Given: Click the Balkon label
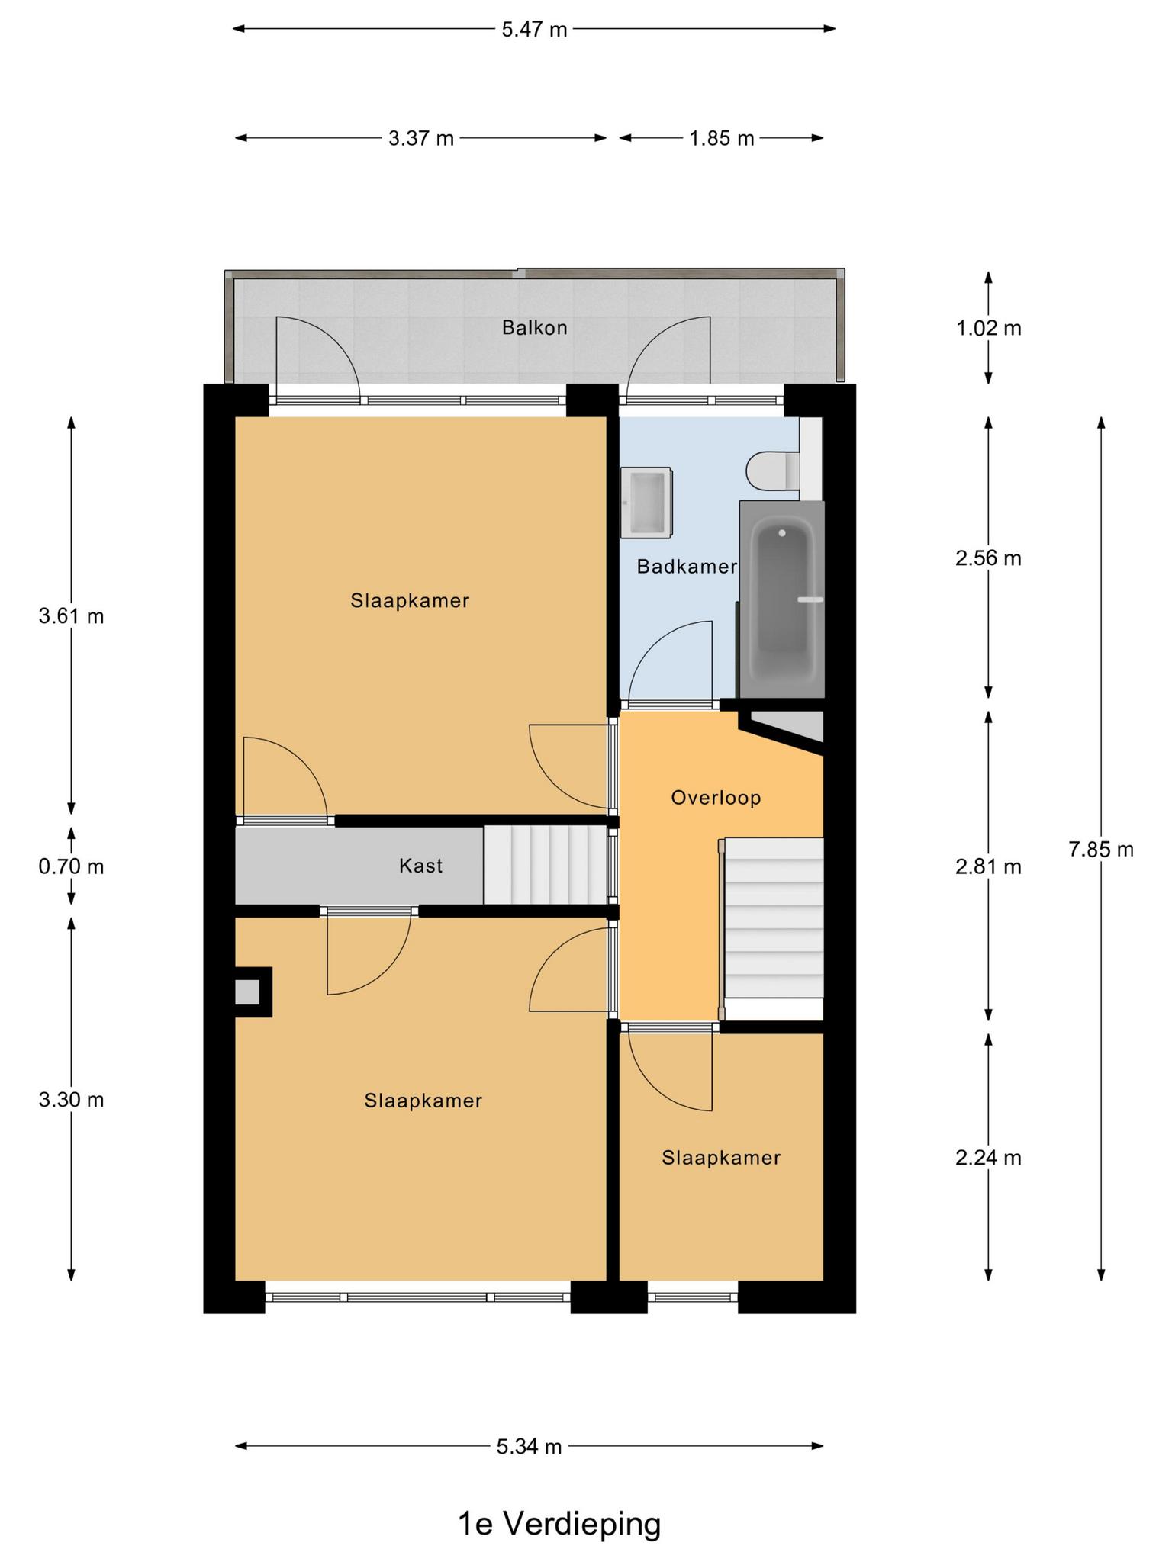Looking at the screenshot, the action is coord(534,328).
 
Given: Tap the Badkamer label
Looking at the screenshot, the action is coord(687,567).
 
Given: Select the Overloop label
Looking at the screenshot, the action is coord(716,798).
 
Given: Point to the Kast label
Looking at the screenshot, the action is coord(420,866).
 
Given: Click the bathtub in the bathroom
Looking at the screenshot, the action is coord(782,599).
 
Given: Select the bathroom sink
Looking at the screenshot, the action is coord(646,502).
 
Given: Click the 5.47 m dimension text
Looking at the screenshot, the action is coord(534,30).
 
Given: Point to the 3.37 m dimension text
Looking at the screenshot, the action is coord(421,138).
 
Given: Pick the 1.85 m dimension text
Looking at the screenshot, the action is coord(721,138).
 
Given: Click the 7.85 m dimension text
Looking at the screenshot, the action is coord(1101,849).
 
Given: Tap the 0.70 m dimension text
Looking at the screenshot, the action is coord(71,866).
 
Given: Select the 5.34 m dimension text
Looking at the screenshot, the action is coord(529,1446).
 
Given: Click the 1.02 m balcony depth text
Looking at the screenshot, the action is coord(988,328).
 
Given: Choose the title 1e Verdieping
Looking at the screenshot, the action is coord(559,1525).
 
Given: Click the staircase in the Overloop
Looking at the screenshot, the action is coord(773,918).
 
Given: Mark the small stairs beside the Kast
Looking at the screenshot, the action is coord(546,866).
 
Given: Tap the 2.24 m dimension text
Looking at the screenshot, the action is coord(988,1158).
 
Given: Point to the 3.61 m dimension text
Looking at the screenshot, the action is coord(71,615).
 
